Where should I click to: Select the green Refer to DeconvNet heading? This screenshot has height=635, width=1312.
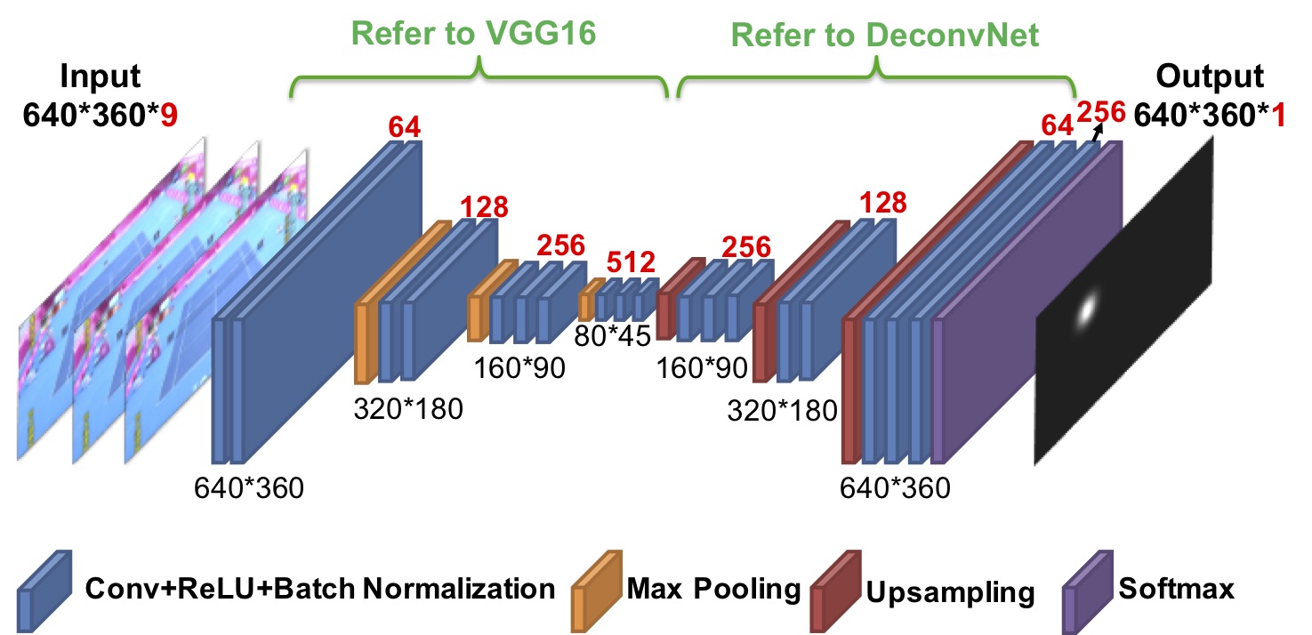click(x=885, y=35)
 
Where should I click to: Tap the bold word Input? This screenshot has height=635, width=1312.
click(x=101, y=76)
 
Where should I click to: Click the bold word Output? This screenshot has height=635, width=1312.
click(x=1209, y=76)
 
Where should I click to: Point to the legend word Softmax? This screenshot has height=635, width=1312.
click(x=1177, y=588)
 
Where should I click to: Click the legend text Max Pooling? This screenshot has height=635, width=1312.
click(x=713, y=588)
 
